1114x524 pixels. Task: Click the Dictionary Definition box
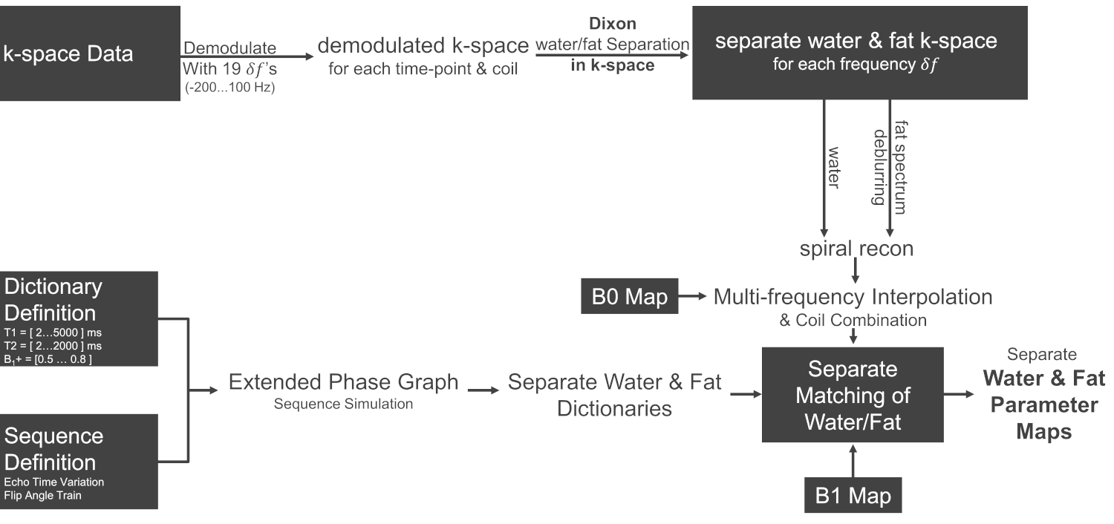79,318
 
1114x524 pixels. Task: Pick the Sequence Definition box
79,461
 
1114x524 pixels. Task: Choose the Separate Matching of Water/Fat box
852,394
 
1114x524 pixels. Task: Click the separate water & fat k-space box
856,53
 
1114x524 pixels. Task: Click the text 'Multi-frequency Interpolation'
853,297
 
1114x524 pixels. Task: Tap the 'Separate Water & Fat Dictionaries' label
614,395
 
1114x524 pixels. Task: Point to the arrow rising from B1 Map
853,460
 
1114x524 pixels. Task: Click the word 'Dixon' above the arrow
613,24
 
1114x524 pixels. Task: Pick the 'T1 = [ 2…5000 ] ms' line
53,333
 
